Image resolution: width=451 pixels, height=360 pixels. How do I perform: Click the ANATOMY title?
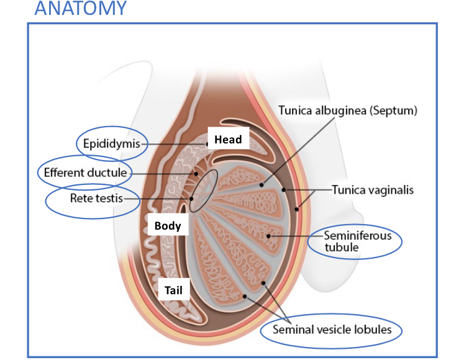click(x=80, y=9)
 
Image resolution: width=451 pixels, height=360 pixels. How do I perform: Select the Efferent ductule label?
click(x=85, y=172)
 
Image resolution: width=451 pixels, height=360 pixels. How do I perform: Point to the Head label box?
click(x=228, y=140)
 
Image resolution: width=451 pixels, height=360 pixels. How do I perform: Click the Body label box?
click(x=168, y=225)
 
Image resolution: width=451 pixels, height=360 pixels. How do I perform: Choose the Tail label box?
click(x=173, y=290)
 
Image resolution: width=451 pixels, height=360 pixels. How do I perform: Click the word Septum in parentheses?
click(x=394, y=110)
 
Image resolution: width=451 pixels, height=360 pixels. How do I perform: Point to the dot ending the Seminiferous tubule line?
click(x=268, y=236)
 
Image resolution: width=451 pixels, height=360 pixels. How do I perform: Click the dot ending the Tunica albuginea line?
click(x=262, y=184)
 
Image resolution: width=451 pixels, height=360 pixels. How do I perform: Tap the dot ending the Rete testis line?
click(x=193, y=199)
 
